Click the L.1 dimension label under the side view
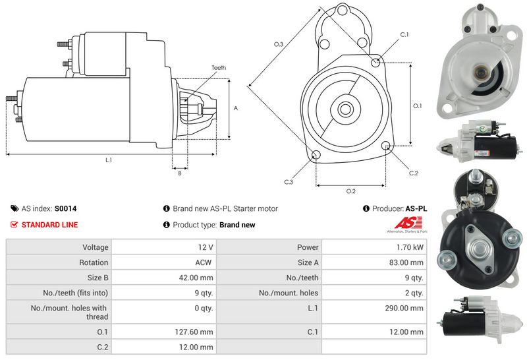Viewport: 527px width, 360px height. pos(109,160)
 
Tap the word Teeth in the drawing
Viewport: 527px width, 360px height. pos(219,68)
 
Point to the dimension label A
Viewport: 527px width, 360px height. pos(236,108)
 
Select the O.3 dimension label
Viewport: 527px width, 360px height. pos(279,44)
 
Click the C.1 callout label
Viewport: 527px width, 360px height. pos(404,34)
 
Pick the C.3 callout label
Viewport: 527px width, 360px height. pos(289,182)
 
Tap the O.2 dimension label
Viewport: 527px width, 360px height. pos(351,191)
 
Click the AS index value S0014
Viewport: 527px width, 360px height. pos(65,208)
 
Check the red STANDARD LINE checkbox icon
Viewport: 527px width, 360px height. pos(14,225)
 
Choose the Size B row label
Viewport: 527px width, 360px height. pos(95,278)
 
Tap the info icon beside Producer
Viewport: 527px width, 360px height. pos(366,208)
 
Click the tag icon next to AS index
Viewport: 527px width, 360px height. pos(14,208)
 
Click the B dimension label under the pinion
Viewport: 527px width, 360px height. pos(179,173)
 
